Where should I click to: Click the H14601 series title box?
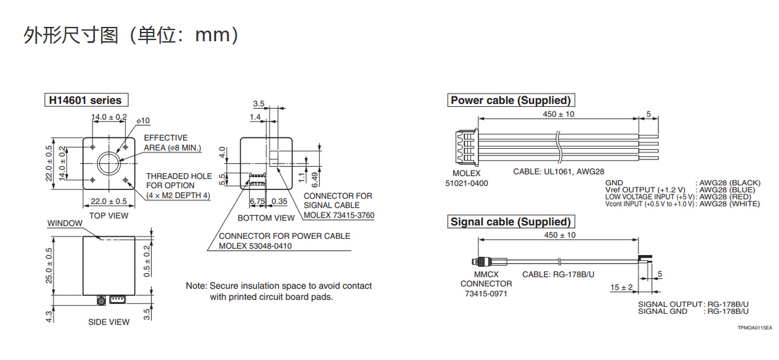86,100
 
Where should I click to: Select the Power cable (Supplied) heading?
510,100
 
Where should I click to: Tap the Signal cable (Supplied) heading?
510,222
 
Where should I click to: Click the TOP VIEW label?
109,216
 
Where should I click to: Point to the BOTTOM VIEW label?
265,218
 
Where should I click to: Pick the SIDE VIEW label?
109,322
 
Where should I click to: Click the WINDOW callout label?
65,224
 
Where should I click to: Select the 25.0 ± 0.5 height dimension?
49,265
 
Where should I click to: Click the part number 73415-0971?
485,293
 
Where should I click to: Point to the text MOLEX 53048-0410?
255,246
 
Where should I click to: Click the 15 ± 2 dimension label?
622,287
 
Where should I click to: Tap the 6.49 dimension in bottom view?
315,179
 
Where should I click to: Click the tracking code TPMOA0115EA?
754,327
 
